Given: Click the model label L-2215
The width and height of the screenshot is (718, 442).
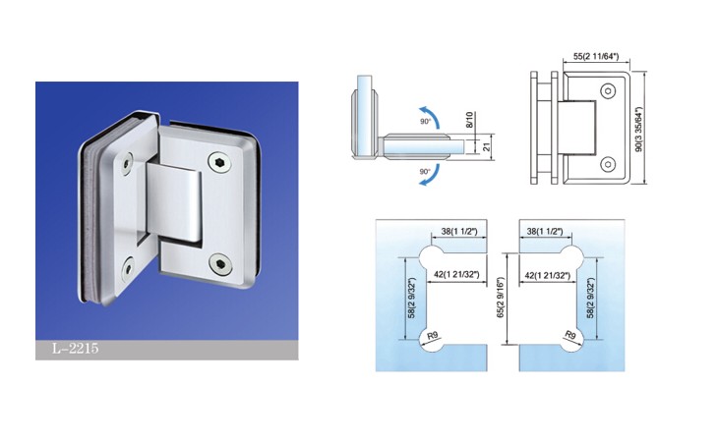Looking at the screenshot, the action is point(75,349).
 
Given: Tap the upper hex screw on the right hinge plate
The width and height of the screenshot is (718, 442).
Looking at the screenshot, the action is point(218,161).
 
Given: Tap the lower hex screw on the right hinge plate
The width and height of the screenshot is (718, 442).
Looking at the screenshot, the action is point(219,264).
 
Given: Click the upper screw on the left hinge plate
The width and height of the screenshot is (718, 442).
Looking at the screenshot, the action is point(126,164).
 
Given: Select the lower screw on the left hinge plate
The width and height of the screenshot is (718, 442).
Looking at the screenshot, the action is point(128,269).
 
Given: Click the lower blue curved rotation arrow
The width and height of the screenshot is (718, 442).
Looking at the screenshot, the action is point(431,176).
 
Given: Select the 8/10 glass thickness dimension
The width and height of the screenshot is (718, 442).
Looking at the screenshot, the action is point(469,121).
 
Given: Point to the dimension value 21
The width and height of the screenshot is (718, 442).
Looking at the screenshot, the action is point(487,146).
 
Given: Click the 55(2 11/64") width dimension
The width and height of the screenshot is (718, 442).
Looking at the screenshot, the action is point(596,57).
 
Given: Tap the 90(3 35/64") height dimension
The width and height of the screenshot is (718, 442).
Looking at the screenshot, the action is point(639,129).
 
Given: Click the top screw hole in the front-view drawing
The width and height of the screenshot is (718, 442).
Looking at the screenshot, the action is point(608,91).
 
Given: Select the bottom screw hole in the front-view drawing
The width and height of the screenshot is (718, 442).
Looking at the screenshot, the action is point(608,164).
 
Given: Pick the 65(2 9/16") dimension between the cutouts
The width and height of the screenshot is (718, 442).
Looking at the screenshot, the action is point(500,298).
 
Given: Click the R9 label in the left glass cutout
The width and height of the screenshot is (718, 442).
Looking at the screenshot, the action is point(432,336).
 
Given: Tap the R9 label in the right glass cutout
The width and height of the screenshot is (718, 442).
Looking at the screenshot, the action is point(570,336).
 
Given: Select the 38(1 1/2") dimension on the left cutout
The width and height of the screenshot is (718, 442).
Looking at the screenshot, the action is point(459,231).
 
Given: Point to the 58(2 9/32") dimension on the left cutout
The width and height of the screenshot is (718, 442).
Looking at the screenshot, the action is point(411,298).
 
